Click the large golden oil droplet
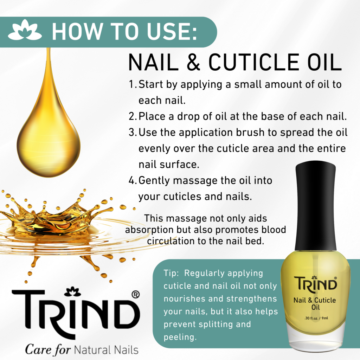pyautogui.click(x=49, y=137)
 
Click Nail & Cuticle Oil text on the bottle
pyautogui.click(x=314, y=304)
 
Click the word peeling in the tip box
pyautogui.click(x=180, y=337)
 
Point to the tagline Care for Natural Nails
pyautogui.click(x=82, y=350)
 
